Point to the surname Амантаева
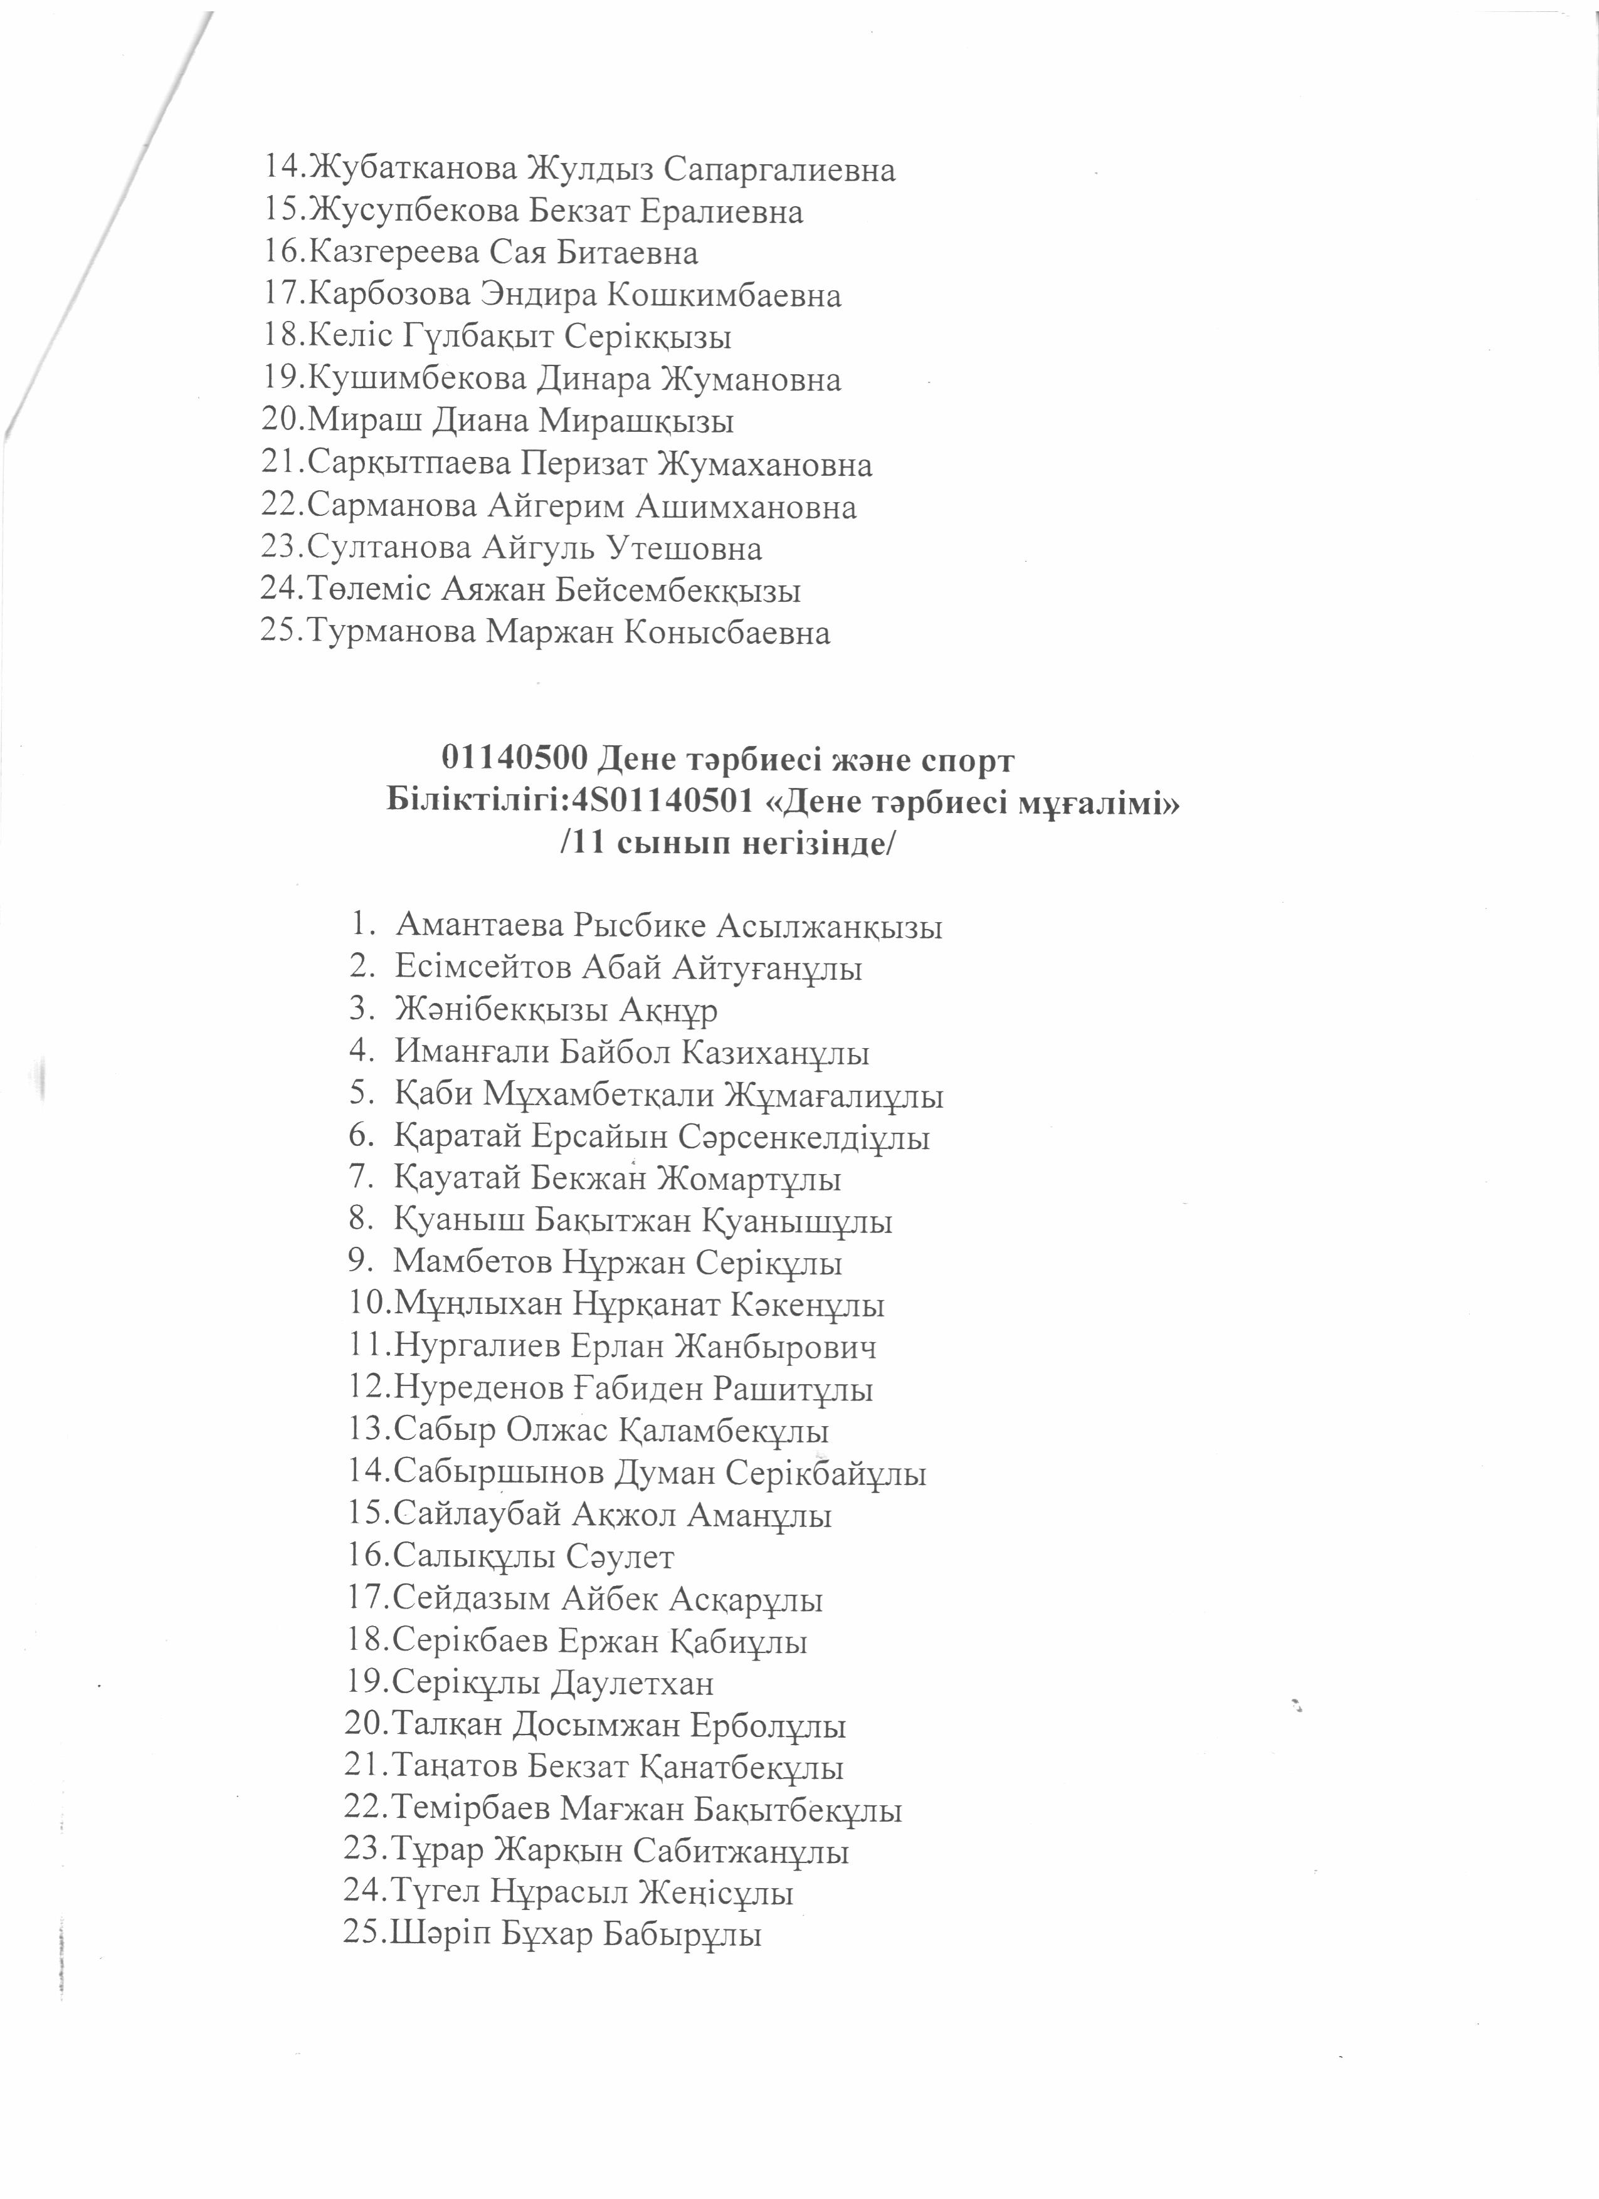[x=479, y=927]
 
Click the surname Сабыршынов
[x=499, y=1474]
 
